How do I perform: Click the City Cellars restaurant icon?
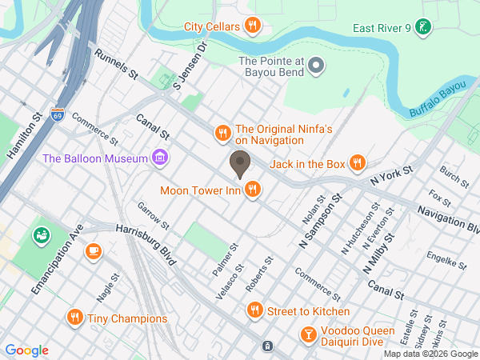coord(253,26)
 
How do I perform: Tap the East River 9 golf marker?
coord(426,29)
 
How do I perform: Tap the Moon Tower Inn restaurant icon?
coord(253,190)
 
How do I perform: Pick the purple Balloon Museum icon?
coord(160,158)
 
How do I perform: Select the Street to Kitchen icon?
coord(254,310)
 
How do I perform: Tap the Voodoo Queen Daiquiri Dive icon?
coord(307,334)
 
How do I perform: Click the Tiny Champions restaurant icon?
coord(75,318)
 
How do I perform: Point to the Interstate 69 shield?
coord(57,114)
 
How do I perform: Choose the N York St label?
coord(391,177)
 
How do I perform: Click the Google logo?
coord(26,350)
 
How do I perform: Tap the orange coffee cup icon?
coord(94,251)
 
